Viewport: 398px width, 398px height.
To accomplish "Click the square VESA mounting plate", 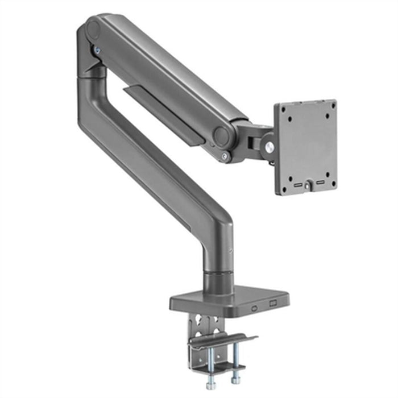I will [x=305, y=147].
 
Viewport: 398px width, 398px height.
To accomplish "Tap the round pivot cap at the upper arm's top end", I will [x=92, y=31].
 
